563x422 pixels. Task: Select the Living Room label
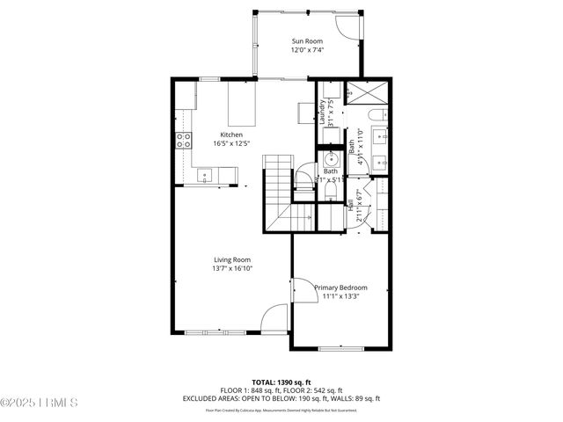coord(232,259)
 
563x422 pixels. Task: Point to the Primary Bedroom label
coord(340,287)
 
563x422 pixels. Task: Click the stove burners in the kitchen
coord(185,141)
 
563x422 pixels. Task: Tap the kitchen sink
coord(205,177)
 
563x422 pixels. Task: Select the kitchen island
coord(243,104)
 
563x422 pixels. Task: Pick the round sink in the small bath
coord(333,159)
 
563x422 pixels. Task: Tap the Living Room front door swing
coord(274,317)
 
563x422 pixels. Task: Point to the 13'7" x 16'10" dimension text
coord(232,269)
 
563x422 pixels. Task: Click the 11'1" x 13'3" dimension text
coord(340,296)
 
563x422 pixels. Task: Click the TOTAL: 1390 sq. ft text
coord(281,382)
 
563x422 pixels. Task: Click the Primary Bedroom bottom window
coord(340,349)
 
